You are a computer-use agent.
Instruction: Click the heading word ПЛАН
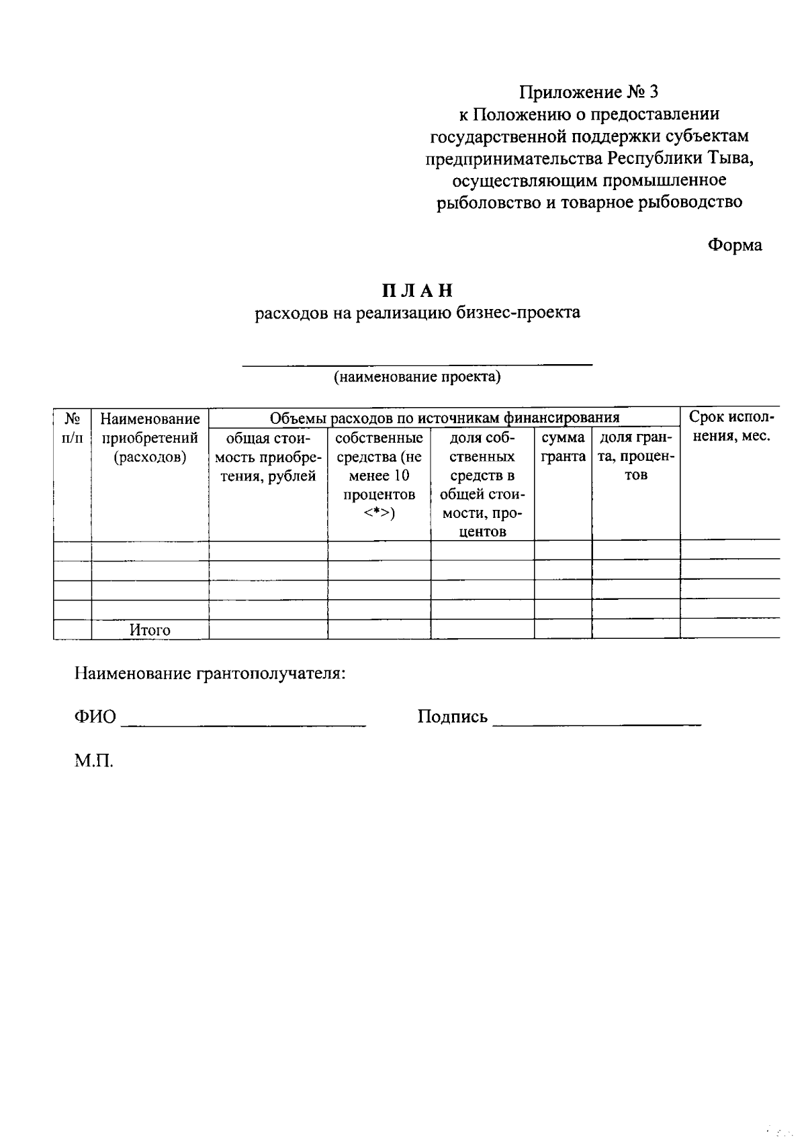tap(418, 290)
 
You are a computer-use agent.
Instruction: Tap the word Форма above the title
tap(735, 245)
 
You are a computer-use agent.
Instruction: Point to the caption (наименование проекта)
tap(418, 376)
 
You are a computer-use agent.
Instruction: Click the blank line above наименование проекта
tap(418, 363)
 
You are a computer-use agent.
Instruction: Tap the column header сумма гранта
tap(563, 447)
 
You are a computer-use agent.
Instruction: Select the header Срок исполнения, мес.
tap(731, 427)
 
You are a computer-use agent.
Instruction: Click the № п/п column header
tap(73, 428)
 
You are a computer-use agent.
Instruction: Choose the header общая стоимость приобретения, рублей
tap(268, 457)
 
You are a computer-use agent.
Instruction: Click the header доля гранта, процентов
tap(635, 456)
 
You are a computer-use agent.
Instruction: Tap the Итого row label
tap(150, 630)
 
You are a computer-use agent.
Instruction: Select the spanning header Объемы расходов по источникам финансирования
tap(443, 418)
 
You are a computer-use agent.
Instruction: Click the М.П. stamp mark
tap(94, 761)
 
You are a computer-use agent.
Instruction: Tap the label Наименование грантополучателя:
tap(210, 673)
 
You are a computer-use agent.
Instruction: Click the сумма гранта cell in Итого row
tap(563, 629)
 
